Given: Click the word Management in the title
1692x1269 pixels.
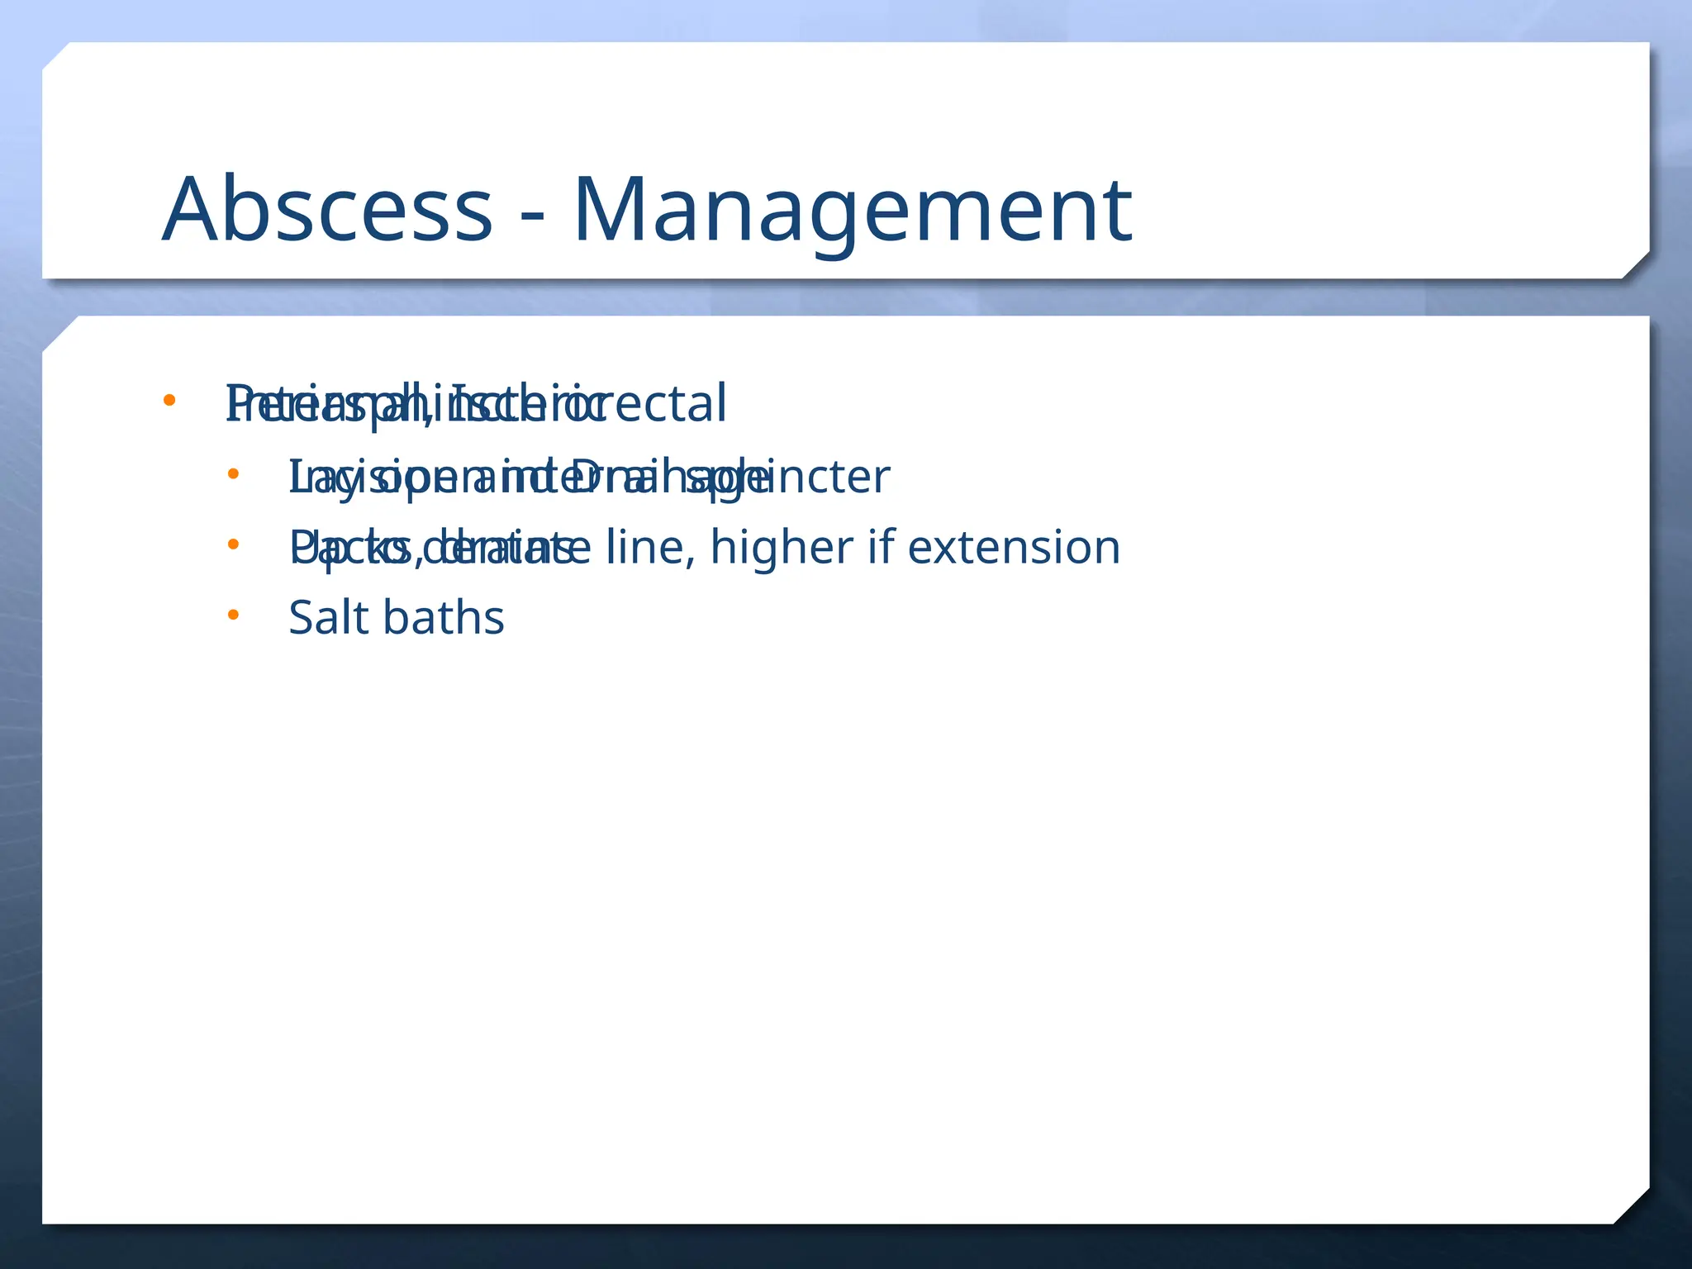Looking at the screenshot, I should tap(852, 211).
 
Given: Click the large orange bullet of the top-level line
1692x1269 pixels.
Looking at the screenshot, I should tap(169, 401).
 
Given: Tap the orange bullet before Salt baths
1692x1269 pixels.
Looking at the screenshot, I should tap(233, 614).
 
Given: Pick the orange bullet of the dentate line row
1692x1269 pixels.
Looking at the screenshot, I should tap(233, 544).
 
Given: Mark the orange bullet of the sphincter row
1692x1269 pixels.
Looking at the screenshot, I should tap(233, 473).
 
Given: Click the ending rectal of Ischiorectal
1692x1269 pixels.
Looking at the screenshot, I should tap(673, 405).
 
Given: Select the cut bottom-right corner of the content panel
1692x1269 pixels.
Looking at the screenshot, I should tap(1633, 1206).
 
